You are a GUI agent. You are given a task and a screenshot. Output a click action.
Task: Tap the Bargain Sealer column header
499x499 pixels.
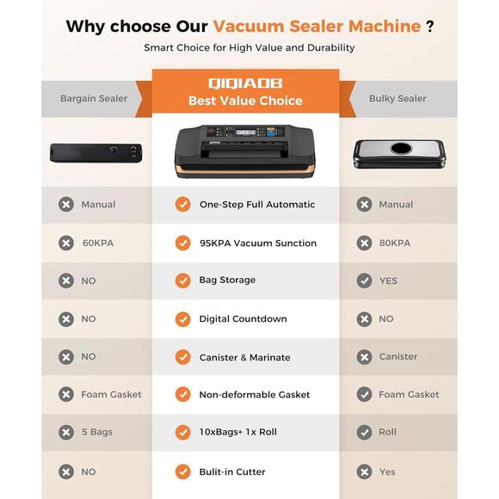94,98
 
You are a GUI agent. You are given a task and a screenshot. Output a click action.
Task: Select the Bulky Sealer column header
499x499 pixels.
397,98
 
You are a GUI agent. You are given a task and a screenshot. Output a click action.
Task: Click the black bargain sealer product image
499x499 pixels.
96,153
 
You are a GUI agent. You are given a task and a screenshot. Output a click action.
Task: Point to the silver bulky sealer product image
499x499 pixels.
401,151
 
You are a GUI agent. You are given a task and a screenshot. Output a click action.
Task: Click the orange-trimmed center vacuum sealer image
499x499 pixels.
245,148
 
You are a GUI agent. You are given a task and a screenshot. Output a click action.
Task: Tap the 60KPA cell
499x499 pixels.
98,243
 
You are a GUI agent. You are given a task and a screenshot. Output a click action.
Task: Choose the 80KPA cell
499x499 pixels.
395,243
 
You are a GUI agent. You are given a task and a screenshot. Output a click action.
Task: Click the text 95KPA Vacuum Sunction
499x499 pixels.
257,243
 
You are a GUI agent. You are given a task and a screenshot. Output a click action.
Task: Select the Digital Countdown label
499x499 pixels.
243,318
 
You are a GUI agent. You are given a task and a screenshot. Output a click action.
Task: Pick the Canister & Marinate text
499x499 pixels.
244,357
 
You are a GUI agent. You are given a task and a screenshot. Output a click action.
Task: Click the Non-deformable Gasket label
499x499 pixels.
255,395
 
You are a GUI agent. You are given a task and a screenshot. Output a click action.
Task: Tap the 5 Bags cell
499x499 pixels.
97,432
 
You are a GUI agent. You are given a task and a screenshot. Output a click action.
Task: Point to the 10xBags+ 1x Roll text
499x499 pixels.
249,432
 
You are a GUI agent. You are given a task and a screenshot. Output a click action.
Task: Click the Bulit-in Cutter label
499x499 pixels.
232,471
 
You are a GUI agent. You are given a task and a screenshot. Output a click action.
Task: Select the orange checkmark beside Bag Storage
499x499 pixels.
182,280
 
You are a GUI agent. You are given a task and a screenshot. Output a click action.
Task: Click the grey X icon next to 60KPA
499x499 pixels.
65,243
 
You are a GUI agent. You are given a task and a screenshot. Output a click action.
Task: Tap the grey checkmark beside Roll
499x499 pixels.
364,432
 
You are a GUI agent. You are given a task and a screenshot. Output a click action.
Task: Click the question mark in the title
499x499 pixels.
429,26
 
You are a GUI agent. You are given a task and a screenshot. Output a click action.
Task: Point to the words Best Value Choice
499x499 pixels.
245,101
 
